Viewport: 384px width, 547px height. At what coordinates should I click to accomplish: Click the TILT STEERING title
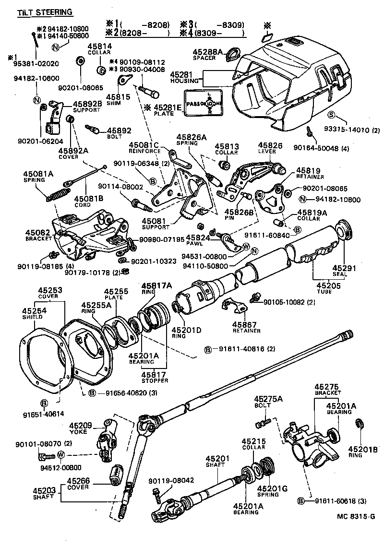tap(45, 12)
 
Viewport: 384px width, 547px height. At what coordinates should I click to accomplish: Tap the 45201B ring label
tap(361, 452)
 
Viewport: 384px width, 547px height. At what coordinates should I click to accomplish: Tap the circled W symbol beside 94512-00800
tap(61, 454)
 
